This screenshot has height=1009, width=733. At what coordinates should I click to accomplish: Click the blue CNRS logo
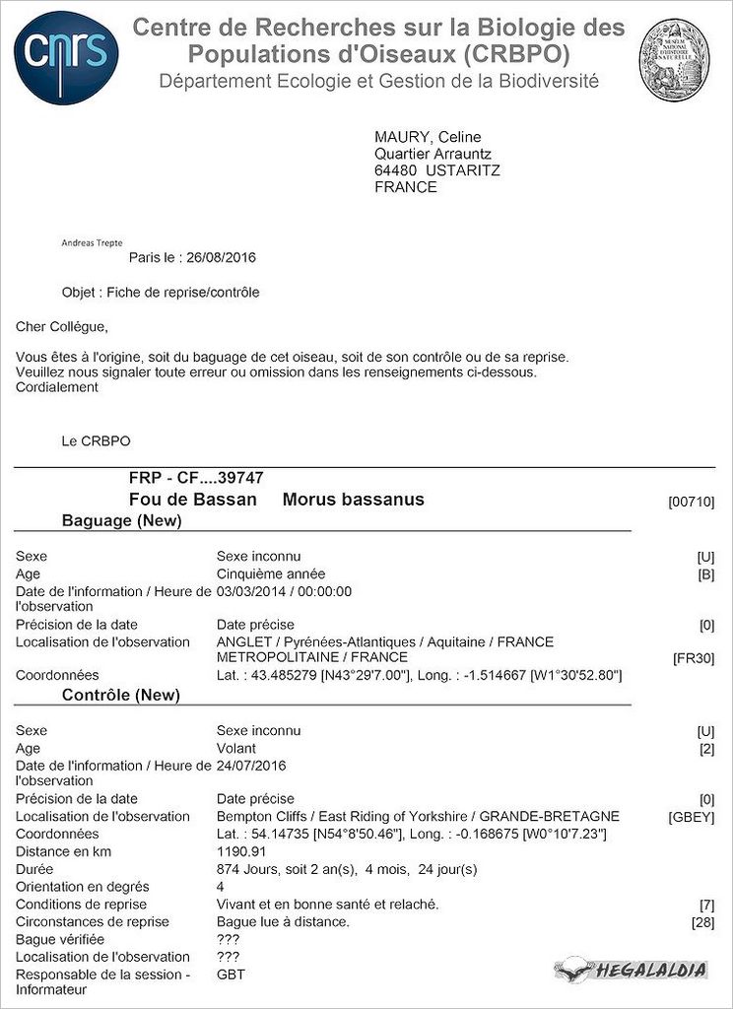[67, 57]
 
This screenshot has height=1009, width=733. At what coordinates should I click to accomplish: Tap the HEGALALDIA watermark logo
[632, 971]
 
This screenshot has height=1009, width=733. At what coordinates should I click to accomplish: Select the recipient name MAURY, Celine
[428, 137]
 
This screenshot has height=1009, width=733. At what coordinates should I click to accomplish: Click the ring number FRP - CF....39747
[196, 478]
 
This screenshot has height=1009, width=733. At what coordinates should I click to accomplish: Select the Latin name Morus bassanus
[353, 500]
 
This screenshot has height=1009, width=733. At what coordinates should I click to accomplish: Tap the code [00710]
[692, 503]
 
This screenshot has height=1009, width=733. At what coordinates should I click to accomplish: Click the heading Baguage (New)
[121, 520]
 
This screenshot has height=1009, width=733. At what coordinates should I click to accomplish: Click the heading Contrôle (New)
[120, 695]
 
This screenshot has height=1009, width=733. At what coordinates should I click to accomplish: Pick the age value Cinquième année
[271, 573]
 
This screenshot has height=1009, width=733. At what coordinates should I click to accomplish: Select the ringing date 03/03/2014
[250, 591]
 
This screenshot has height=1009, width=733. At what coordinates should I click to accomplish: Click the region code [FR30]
[694, 658]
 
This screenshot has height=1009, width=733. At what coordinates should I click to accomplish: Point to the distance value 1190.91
[241, 851]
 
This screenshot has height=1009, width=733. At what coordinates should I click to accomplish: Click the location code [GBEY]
[692, 817]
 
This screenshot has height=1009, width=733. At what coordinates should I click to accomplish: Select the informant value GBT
[231, 974]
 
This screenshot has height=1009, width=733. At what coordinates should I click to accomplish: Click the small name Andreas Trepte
[92, 242]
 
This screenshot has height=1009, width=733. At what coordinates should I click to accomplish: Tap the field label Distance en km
[64, 851]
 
